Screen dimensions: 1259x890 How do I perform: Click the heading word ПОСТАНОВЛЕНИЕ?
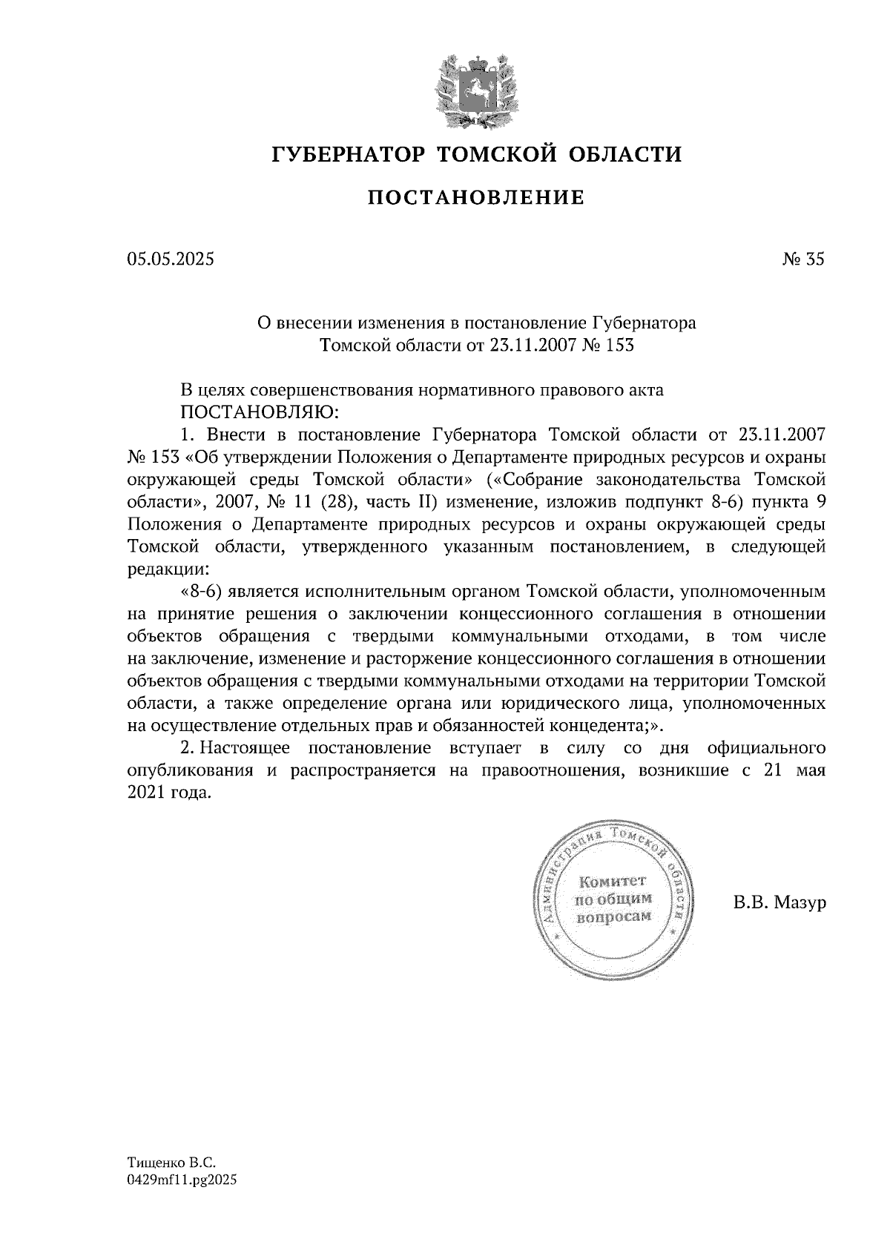[476, 198]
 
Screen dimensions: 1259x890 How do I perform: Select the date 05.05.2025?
[170, 259]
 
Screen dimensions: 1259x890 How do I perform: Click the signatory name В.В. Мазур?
[779, 902]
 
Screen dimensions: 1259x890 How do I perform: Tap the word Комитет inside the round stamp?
[613, 881]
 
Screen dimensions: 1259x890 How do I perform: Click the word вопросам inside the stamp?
[613, 916]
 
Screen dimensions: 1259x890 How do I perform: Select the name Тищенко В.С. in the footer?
[171, 1164]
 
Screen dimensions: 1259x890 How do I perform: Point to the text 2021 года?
[169, 792]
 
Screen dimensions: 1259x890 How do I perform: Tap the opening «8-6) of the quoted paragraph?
[200, 592]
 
